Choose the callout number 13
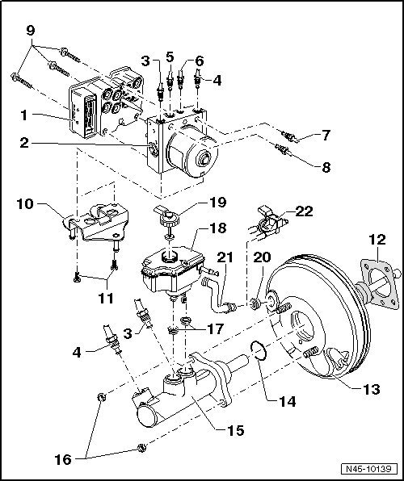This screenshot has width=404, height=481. point(370,388)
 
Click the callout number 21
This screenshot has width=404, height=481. point(225,257)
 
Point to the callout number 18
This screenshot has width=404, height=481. point(218,228)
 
